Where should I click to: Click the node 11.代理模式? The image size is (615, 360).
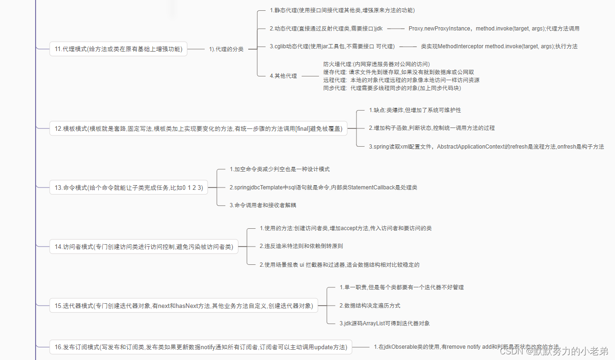[118, 49]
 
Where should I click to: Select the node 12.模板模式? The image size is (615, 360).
[198, 128]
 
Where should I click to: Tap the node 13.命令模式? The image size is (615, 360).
[128, 187]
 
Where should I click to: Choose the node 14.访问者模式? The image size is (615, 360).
[143, 247]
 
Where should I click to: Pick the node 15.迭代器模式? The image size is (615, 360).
[184, 306]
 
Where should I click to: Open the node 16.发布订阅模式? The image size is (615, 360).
[200, 347]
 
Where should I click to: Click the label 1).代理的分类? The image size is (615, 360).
[226, 49]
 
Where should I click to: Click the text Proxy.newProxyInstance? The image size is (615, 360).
[439, 29]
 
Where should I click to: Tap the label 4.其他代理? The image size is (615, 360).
[283, 75]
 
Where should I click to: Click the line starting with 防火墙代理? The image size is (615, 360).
[376, 64]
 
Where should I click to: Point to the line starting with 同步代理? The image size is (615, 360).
[392, 88]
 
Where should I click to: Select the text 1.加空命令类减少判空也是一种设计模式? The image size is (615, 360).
[282, 169]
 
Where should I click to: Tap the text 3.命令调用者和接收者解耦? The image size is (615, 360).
[262, 205]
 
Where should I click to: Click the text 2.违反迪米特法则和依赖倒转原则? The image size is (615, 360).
[301, 246]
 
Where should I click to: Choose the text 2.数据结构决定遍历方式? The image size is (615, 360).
[370, 306]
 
